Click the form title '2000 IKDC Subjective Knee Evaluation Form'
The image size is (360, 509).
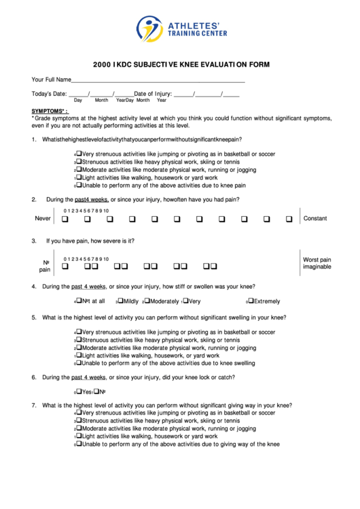point(181,65)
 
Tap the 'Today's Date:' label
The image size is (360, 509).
point(49,93)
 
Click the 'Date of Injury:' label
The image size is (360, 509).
point(152,93)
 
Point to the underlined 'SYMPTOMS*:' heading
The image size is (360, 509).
point(50,110)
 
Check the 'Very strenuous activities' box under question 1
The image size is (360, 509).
point(79,153)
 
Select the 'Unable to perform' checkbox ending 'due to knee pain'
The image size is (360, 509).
point(79,184)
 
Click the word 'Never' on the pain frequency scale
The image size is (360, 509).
point(43,219)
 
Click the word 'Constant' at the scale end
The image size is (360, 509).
point(315,219)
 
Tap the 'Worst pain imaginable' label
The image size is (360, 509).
point(317,263)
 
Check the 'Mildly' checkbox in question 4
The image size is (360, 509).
point(121,300)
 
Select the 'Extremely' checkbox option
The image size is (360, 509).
point(251,300)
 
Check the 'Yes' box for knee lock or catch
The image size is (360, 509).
point(79,391)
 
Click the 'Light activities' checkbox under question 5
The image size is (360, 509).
point(79,355)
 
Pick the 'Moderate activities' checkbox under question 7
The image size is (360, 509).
point(79,428)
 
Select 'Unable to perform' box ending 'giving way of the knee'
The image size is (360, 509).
point(79,444)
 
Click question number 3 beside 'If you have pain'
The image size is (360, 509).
point(34,241)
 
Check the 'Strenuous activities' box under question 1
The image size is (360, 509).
point(79,161)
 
